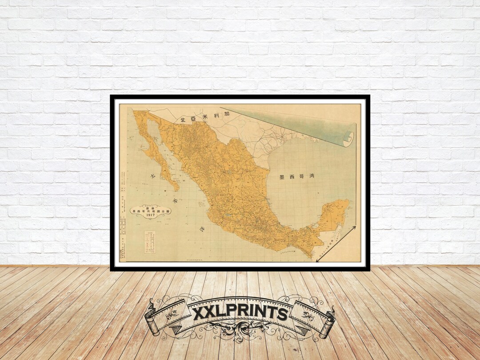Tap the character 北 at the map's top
pos(182,120)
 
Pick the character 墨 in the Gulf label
pos(282,176)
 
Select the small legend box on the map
pos(150,242)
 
